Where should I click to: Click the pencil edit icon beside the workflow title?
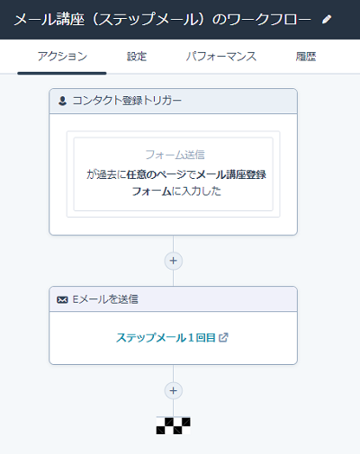(x=327, y=20)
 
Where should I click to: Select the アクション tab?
(x=62, y=57)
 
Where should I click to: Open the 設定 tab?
(x=137, y=57)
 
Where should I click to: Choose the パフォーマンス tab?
(x=221, y=57)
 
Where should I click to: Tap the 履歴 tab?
(x=306, y=57)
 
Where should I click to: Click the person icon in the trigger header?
(x=62, y=101)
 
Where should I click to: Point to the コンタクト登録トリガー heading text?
(x=127, y=101)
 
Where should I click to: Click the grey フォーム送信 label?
(x=175, y=155)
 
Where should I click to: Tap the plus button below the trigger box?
(x=173, y=261)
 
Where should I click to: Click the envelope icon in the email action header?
(x=62, y=299)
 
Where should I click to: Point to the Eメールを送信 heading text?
(x=105, y=299)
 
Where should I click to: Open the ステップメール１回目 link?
(x=166, y=338)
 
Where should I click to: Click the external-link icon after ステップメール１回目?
(x=223, y=337)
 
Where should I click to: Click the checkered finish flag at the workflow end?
(x=173, y=425)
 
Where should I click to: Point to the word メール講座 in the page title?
(x=49, y=20)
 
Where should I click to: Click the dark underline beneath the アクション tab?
(x=62, y=73)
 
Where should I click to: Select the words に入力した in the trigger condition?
(x=196, y=191)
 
